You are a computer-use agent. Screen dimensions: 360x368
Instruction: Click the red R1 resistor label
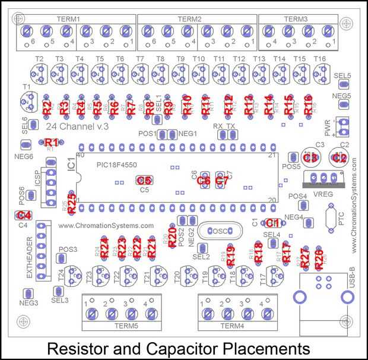click(x=52, y=143)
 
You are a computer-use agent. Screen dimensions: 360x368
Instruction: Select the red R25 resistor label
click(x=72, y=204)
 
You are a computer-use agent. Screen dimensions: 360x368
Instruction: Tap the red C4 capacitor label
click(x=24, y=216)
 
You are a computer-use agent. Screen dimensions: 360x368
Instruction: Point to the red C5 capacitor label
click(x=144, y=181)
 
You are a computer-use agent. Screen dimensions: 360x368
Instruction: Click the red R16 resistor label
click(x=308, y=105)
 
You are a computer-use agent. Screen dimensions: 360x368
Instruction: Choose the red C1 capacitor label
click(x=272, y=223)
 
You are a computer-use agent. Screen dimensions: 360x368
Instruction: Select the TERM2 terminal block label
click(x=197, y=19)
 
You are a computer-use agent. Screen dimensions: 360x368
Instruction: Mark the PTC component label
click(x=341, y=220)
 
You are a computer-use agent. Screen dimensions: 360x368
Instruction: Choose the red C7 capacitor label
click(x=221, y=181)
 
